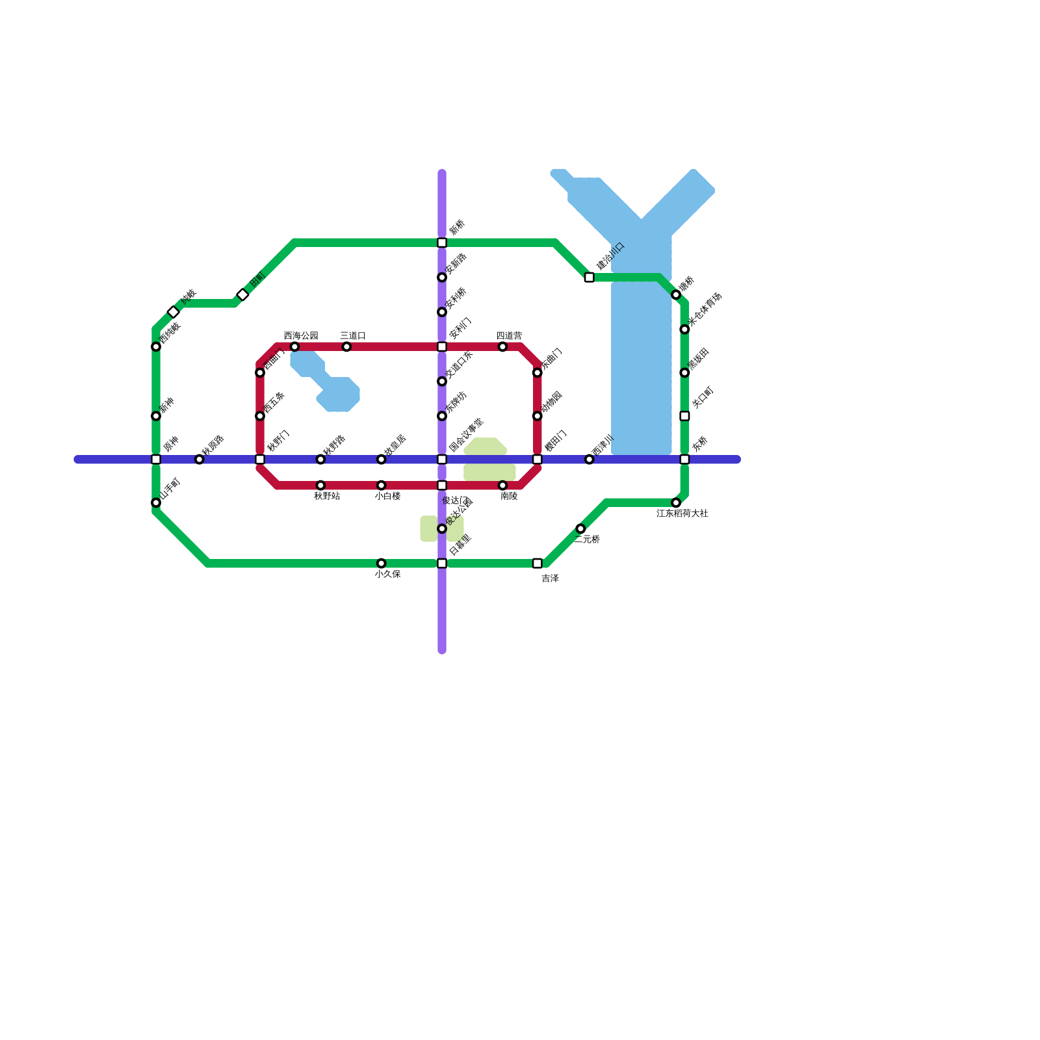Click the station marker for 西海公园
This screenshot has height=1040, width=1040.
(x=294, y=346)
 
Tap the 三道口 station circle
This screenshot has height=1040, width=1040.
(x=346, y=346)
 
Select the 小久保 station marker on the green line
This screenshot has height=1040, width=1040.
(x=381, y=563)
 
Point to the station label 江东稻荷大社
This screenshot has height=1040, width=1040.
(x=682, y=513)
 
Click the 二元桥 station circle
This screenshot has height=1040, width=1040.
(x=580, y=528)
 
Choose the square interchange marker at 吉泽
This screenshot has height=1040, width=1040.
(x=537, y=563)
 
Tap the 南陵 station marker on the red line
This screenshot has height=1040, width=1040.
(x=502, y=486)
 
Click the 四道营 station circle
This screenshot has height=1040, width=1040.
(x=502, y=346)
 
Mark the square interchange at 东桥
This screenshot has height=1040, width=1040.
(x=684, y=460)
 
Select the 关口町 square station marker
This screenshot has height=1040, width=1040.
(x=684, y=416)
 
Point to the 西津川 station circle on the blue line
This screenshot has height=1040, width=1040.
(x=589, y=460)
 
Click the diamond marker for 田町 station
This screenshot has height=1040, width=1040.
(x=242, y=294)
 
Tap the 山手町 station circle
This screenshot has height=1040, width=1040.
(x=156, y=502)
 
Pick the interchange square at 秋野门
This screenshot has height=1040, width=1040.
(x=260, y=460)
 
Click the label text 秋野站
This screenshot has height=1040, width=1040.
(x=326, y=496)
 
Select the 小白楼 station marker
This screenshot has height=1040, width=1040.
(x=381, y=486)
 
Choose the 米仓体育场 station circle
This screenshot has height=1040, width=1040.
(x=684, y=330)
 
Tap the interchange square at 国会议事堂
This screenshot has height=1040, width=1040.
(x=442, y=460)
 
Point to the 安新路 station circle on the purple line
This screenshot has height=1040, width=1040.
(x=442, y=278)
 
